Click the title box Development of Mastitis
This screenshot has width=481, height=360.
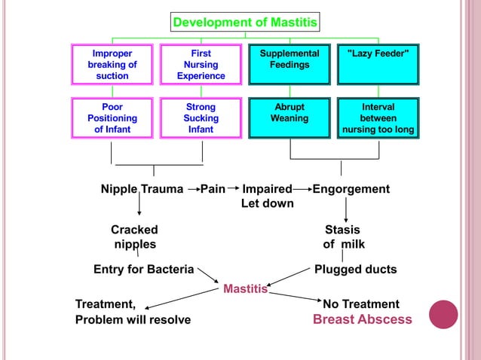coord(245,23)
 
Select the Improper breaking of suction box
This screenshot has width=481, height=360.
coord(112,65)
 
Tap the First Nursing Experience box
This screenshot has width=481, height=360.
coord(201,65)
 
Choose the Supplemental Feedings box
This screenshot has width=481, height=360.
coord(290,65)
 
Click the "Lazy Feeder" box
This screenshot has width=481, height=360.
coord(378,65)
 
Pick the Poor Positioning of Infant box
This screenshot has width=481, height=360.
coord(112,118)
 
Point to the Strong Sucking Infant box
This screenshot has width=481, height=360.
coord(201,118)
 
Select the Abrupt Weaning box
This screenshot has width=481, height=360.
coord(290,118)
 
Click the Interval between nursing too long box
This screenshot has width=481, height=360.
coord(378,118)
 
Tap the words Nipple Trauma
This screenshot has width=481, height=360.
coord(142,189)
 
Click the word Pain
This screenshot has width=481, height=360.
coord(213,189)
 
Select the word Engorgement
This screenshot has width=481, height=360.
coord(351,189)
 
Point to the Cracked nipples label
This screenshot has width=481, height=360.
coord(134,236)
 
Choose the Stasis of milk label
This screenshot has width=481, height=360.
coord(343,236)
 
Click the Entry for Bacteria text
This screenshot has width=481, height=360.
coord(143,269)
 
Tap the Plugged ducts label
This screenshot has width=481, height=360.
coord(355,269)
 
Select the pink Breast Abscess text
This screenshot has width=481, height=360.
coord(363,319)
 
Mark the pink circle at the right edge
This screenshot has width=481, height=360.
coord(443,314)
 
